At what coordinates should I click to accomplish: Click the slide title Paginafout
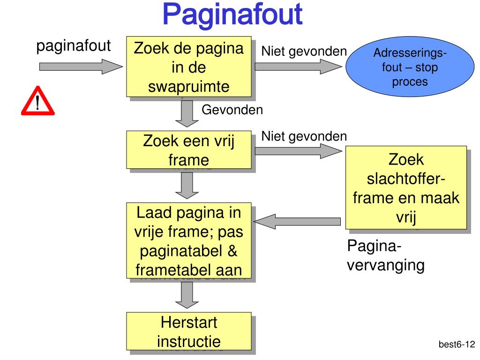click(232, 15)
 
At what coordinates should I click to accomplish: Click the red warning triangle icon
click(37, 101)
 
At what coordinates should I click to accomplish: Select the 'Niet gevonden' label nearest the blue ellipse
click(304, 51)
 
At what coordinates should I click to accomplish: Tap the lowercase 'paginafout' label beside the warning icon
click(74, 46)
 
